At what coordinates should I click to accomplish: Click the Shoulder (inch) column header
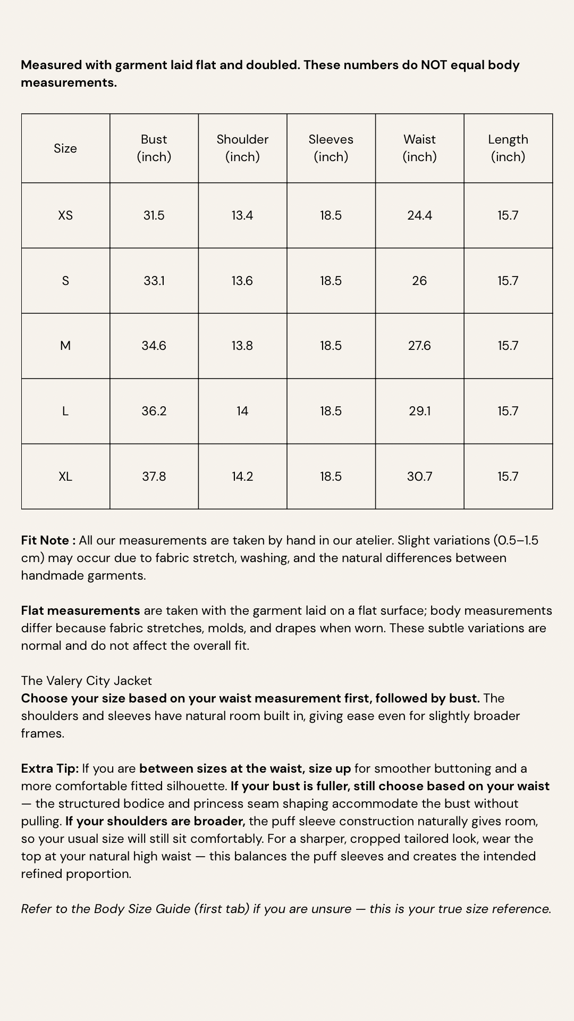click(x=242, y=148)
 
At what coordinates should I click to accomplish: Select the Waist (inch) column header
click(x=419, y=148)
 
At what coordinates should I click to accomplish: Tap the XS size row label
click(x=65, y=215)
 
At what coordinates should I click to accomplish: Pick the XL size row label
click(x=65, y=476)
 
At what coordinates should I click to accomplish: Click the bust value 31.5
click(x=154, y=215)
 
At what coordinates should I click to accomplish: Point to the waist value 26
click(x=419, y=281)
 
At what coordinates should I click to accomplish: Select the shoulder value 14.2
click(x=242, y=476)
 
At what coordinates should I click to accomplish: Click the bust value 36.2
click(x=154, y=411)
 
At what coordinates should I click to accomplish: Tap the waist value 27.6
click(x=419, y=346)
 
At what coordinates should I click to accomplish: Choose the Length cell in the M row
click(x=508, y=346)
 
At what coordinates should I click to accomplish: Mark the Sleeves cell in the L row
click(x=331, y=411)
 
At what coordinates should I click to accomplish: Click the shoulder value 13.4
click(x=242, y=215)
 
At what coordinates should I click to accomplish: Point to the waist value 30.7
click(x=419, y=476)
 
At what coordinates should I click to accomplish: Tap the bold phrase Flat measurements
click(x=80, y=610)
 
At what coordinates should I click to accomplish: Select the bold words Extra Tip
click(x=49, y=768)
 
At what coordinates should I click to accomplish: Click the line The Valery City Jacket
click(x=87, y=681)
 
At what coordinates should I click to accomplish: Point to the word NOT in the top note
click(x=434, y=65)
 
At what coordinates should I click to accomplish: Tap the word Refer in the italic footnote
click(x=36, y=909)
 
